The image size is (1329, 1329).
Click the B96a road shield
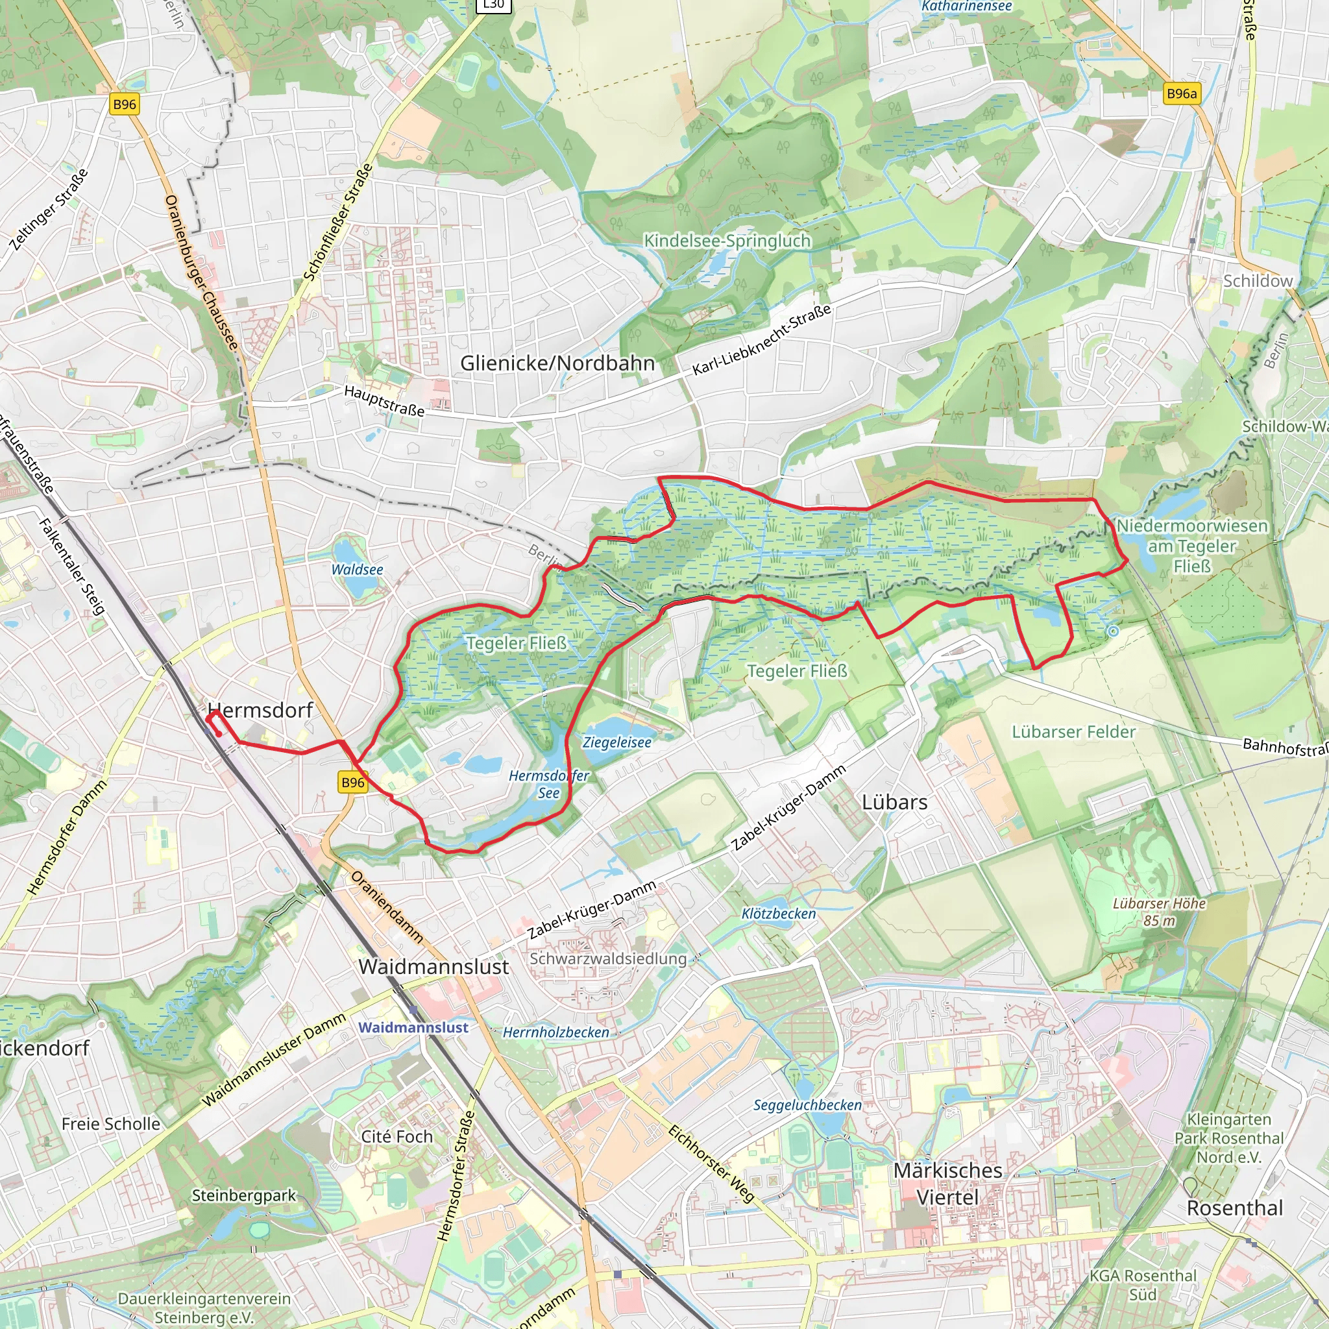1182,93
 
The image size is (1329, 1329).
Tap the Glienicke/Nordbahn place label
557,363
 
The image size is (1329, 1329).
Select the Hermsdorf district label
260,710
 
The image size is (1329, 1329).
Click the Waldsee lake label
357,570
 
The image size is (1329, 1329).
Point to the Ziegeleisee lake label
617,742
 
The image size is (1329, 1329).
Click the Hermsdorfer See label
549,784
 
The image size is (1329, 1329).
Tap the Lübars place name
894,802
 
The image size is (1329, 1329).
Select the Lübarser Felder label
1073,732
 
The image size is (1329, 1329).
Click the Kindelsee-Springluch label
727,241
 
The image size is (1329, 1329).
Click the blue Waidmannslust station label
413,1027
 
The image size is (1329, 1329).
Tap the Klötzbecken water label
779,914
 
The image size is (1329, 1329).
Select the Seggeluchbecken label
807,1104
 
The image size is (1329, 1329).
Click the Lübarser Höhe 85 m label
1159,912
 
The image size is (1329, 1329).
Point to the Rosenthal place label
1235,1208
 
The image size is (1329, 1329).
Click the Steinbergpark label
243,1195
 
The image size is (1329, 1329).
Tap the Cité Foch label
397,1136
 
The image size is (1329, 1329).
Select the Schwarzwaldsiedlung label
608,958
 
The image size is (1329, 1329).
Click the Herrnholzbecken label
556,1032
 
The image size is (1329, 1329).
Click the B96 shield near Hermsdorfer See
353,782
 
